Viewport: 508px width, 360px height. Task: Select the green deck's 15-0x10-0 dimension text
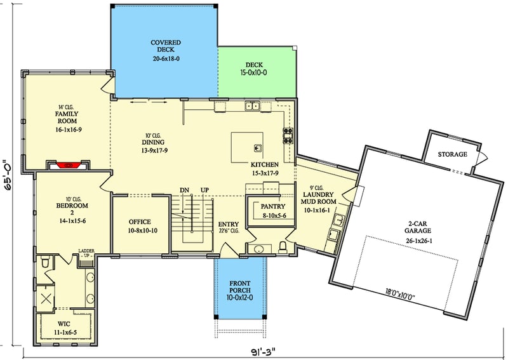[257, 72]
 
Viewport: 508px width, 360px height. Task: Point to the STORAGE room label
[453, 154]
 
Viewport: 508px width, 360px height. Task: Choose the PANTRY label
[273, 206]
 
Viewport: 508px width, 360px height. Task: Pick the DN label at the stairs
[185, 190]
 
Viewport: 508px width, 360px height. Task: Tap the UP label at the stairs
[204, 190]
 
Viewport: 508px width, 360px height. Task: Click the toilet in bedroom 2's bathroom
[44, 262]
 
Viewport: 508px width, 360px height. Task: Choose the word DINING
[153, 142]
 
